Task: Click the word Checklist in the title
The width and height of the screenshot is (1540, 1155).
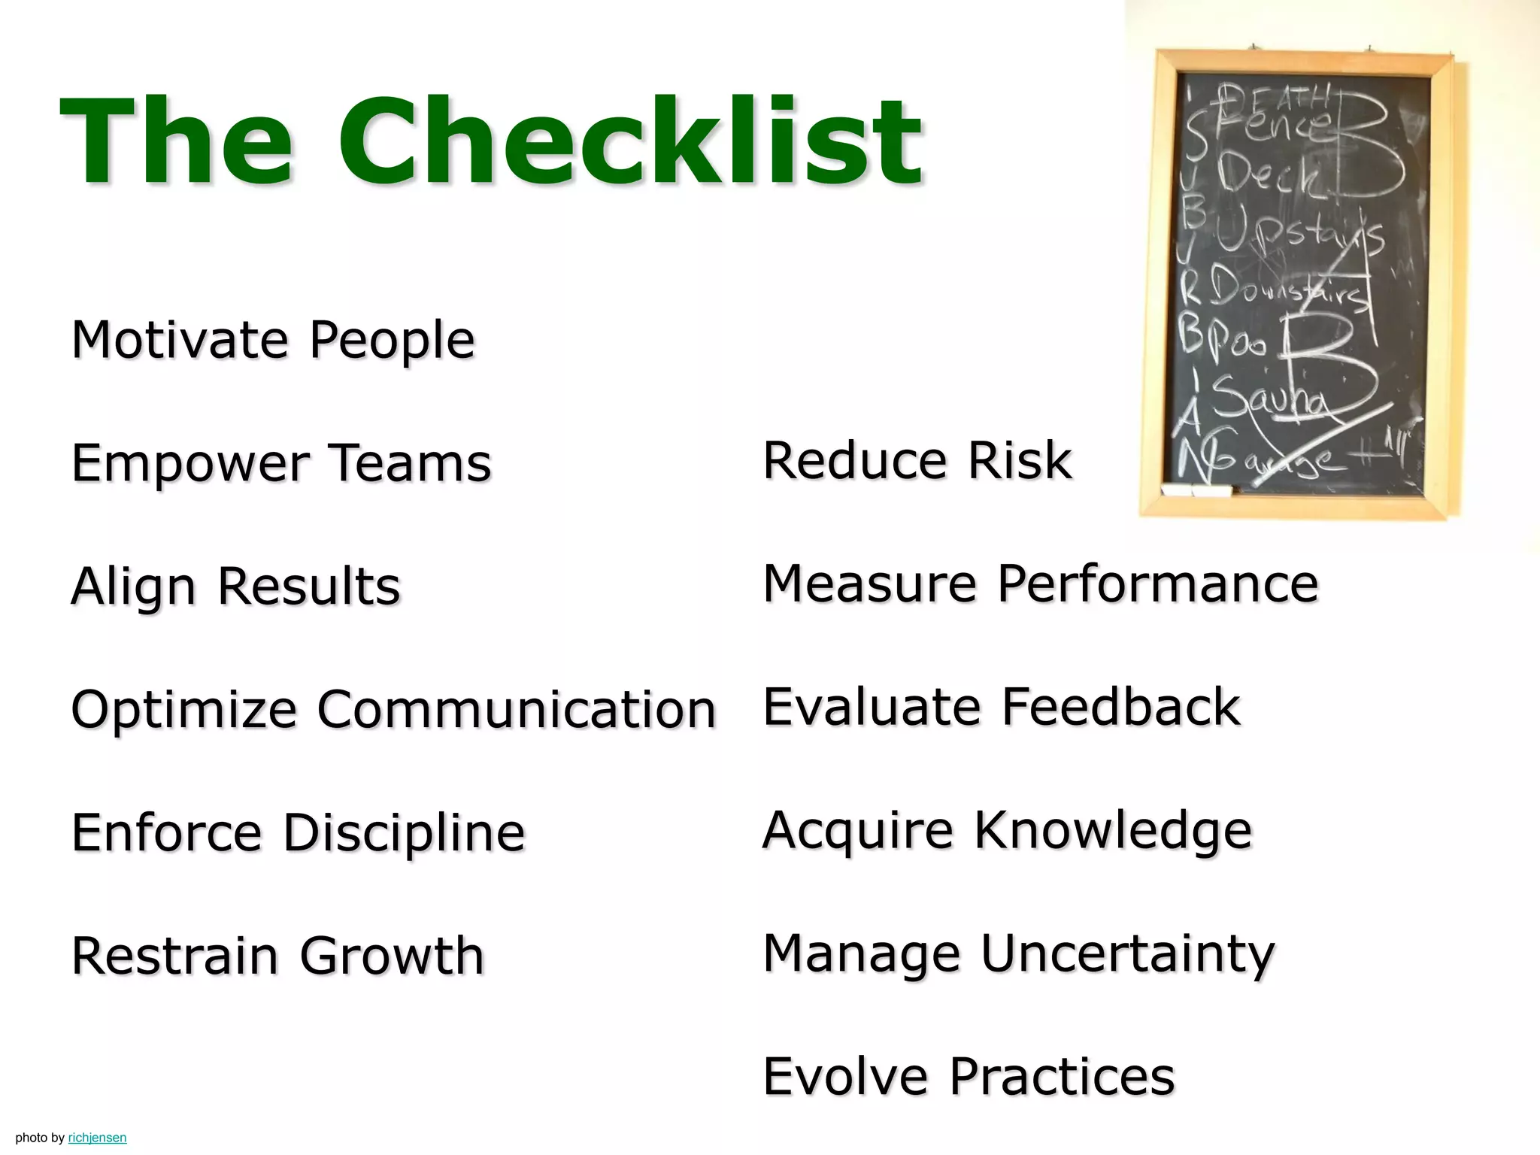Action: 630,141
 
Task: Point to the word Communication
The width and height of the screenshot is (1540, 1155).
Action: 517,710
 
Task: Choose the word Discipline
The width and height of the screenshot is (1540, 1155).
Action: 404,833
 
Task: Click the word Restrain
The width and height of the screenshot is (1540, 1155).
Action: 174,956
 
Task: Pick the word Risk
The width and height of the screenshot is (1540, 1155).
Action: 1019,460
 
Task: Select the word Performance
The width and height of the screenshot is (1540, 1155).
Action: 1157,584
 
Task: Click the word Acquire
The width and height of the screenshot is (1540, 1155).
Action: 857,830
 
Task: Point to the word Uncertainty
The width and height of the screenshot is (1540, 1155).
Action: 1127,953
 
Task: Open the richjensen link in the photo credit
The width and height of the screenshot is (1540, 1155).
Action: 97,1138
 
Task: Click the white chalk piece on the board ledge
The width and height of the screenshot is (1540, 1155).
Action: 1196,491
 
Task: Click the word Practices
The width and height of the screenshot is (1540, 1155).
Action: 1061,1076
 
